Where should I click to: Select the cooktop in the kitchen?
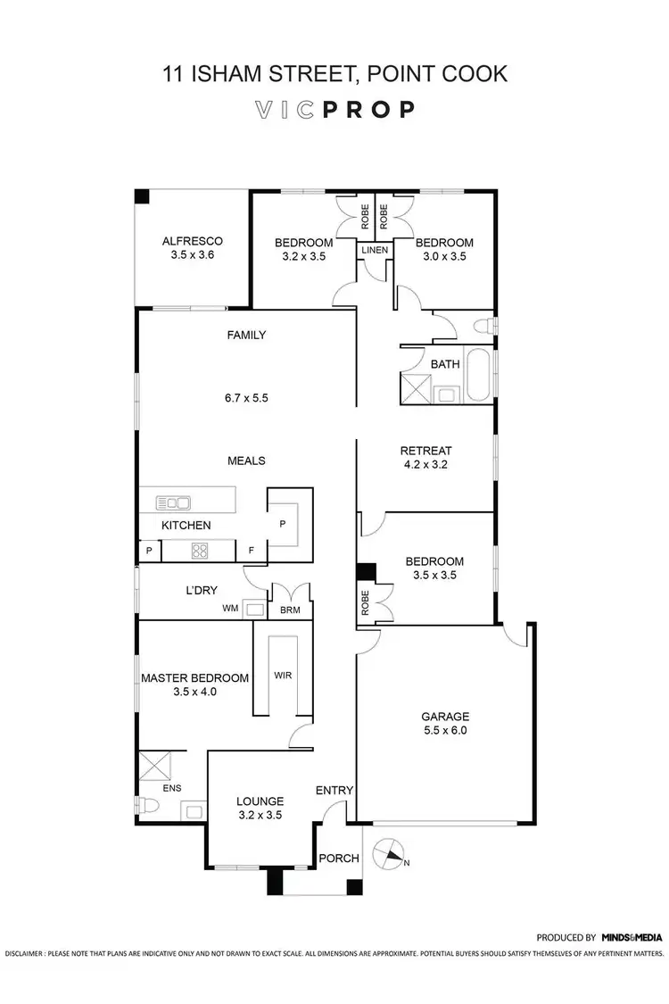click(x=200, y=551)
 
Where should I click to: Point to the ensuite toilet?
click(x=148, y=806)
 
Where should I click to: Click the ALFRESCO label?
click(x=192, y=241)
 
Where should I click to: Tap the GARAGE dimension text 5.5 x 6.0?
click(x=445, y=730)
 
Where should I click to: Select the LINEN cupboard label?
click(x=375, y=250)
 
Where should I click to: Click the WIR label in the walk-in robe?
click(x=282, y=675)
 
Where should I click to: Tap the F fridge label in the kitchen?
click(x=252, y=551)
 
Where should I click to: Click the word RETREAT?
click(x=425, y=451)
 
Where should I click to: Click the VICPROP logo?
click(x=334, y=110)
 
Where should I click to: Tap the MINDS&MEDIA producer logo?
click(x=632, y=937)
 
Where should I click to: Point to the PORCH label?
click(x=339, y=859)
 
